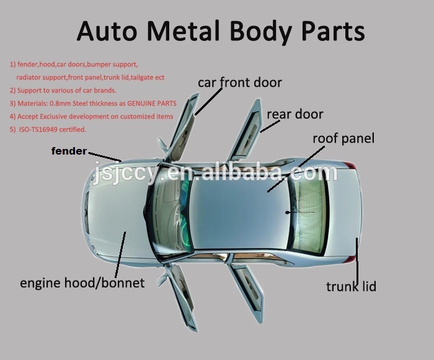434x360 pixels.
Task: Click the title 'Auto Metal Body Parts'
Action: tap(220, 31)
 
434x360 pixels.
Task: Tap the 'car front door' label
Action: tap(240, 83)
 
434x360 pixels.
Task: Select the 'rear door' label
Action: tap(294, 114)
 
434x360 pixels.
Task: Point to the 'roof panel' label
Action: tap(343, 138)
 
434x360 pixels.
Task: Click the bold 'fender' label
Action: tap(68, 151)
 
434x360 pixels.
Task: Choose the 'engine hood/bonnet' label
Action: tap(82, 283)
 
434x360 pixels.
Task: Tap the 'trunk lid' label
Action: tap(351, 286)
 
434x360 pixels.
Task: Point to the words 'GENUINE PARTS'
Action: tap(152, 104)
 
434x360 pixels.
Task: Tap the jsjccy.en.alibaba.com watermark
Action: tap(214, 173)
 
